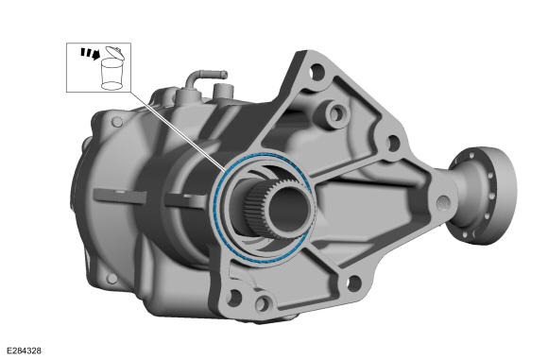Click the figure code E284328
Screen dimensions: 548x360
click(x=25, y=351)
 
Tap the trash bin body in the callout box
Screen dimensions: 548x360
click(x=111, y=74)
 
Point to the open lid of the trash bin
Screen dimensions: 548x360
click(x=115, y=52)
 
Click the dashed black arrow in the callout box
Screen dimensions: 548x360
click(x=91, y=54)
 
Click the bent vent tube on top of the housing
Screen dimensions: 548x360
click(x=204, y=77)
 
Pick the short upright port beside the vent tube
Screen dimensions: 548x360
click(x=222, y=92)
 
